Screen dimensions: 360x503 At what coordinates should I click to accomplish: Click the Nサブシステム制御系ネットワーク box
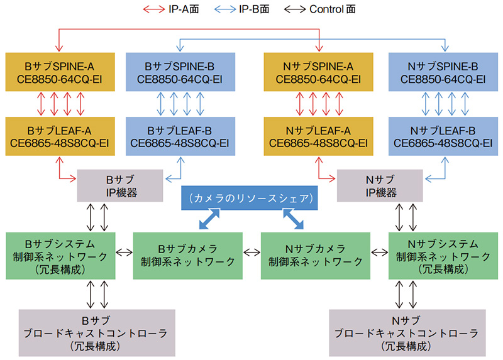pyautogui.click(x=439, y=255)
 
